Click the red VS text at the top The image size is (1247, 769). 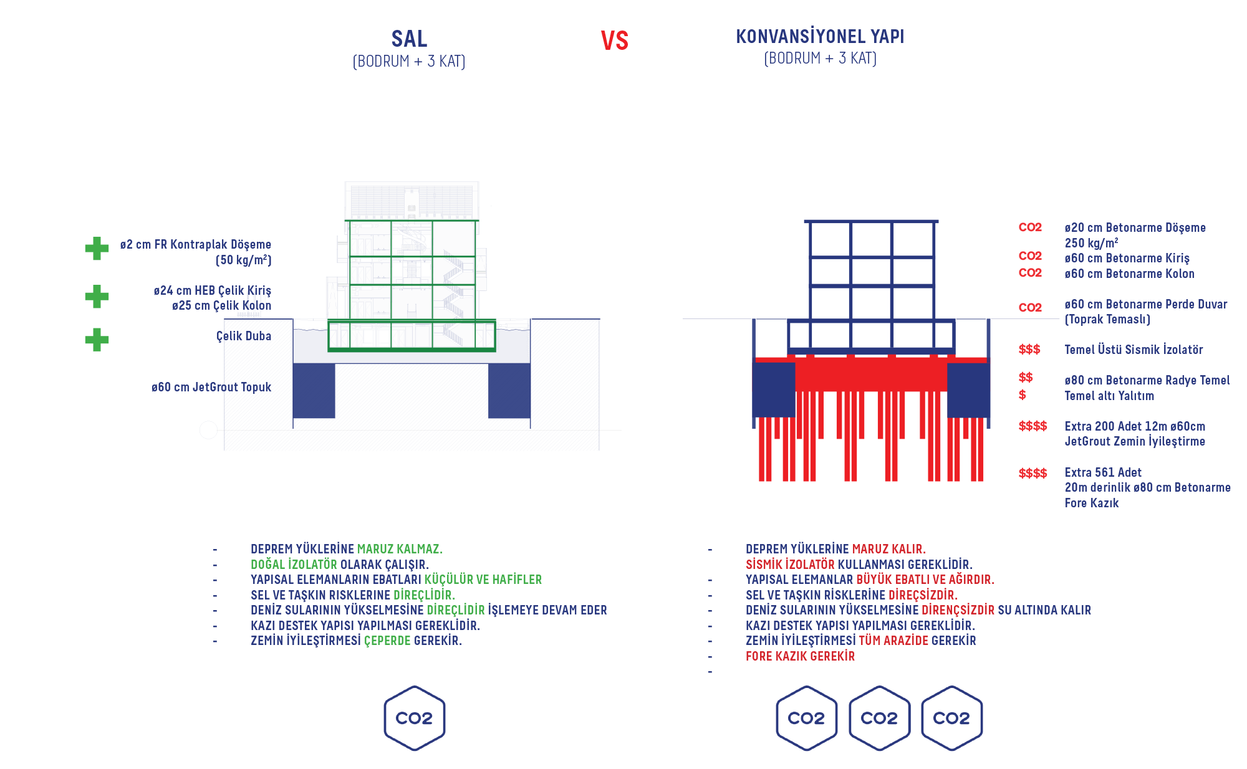click(614, 41)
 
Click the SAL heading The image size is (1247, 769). click(409, 39)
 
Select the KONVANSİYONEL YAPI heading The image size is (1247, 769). click(820, 37)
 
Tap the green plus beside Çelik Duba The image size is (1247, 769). click(97, 340)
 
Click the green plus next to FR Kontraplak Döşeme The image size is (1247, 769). click(97, 248)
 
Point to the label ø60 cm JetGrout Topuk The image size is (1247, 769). click(211, 387)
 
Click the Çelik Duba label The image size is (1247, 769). click(244, 336)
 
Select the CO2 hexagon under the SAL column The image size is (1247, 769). click(414, 718)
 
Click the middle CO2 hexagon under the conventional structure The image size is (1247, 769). click(879, 718)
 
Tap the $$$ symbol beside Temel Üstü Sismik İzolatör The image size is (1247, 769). click(1029, 350)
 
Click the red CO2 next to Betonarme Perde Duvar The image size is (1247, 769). click(1030, 307)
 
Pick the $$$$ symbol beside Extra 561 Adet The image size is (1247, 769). click(1033, 473)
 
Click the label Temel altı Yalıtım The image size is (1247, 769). click(1109, 396)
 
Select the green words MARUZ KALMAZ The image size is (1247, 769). click(400, 549)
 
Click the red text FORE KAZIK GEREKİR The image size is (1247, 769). click(800, 656)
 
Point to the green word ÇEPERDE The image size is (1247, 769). click(387, 641)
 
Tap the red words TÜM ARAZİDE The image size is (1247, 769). click(893, 641)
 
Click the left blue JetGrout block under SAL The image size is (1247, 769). click(314, 391)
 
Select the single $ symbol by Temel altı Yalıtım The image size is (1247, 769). click(1023, 395)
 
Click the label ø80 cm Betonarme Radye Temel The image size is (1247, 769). click(1147, 380)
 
